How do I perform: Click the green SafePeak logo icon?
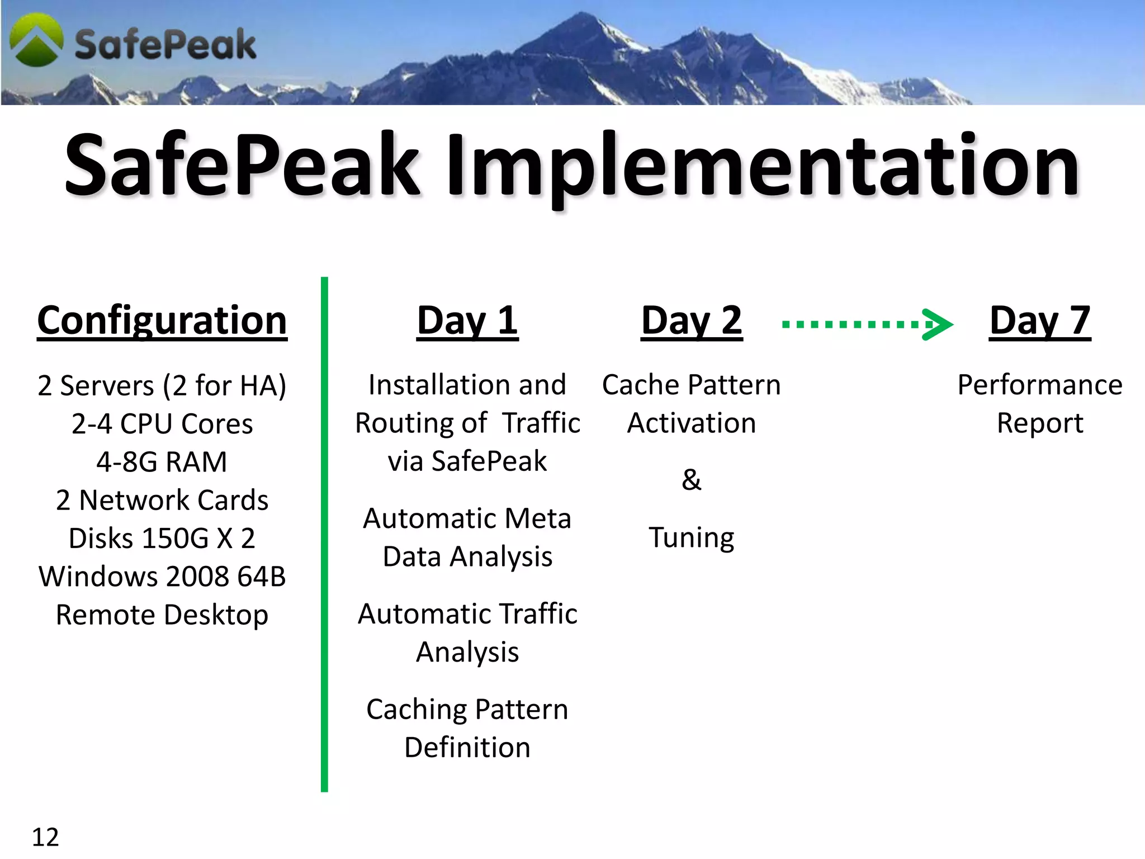click(36, 40)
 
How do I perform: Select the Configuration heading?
click(162, 320)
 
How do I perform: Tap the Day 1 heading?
click(467, 320)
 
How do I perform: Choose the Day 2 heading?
click(692, 320)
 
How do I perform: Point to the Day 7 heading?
click(1039, 320)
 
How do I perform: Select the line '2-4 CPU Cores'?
click(162, 424)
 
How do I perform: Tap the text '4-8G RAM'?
click(162, 462)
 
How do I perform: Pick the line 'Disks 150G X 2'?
click(162, 539)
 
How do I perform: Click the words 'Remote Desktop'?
click(162, 615)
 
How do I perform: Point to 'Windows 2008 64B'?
click(162, 577)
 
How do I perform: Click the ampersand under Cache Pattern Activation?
click(692, 480)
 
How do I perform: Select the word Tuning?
click(692, 538)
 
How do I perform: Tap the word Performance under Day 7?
click(1039, 385)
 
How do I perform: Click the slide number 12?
click(45, 837)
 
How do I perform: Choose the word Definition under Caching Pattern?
click(467, 748)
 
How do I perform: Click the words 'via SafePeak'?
click(467, 461)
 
